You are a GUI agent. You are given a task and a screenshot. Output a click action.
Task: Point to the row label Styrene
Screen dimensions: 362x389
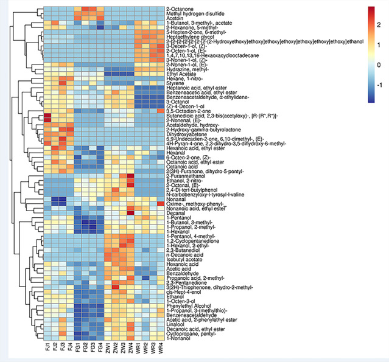click(x=175, y=82)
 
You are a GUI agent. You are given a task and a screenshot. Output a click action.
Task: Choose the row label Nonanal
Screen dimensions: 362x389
click(x=176, y=198)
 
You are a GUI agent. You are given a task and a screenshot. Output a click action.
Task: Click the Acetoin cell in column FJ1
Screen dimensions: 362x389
click(x=47, y=19)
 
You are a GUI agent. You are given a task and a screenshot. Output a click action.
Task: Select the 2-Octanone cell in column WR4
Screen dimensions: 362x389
click(x=161, y=9)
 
